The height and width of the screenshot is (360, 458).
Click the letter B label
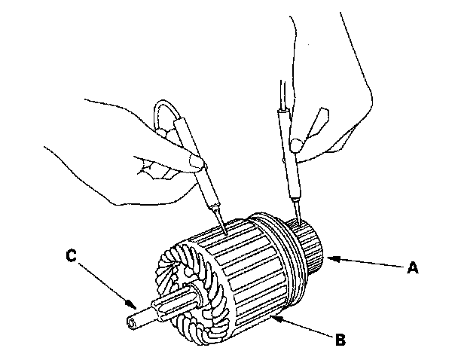click(x=340, y=340)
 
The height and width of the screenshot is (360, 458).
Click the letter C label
click(x=70, y=257)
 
